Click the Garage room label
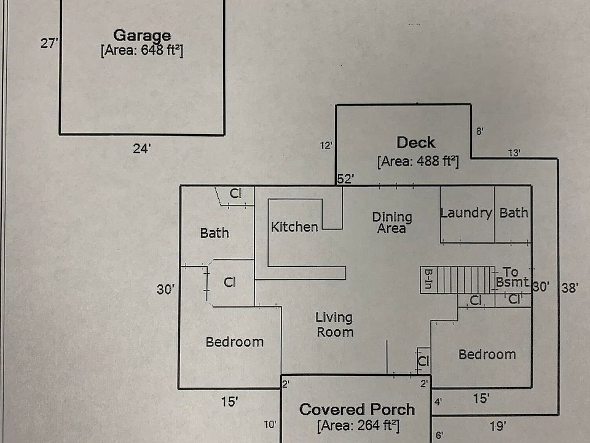(142, 36)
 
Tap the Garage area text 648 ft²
(142, 51)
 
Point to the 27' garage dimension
(49, 44)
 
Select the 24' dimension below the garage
(142, 148)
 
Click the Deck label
(416, 143)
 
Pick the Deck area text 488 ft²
(418, 162)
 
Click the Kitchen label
(294, 227)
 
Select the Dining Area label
(392, 223)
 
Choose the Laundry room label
(466, 213)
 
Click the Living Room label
(334, 325)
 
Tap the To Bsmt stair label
(511, 277)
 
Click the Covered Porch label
(356, 409)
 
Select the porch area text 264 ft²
(358, 425)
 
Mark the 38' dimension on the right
(570, 287)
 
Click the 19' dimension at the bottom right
(498, 425)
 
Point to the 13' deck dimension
(514, 153)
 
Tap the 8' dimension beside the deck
(480, 131)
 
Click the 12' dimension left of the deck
(326, 146)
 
